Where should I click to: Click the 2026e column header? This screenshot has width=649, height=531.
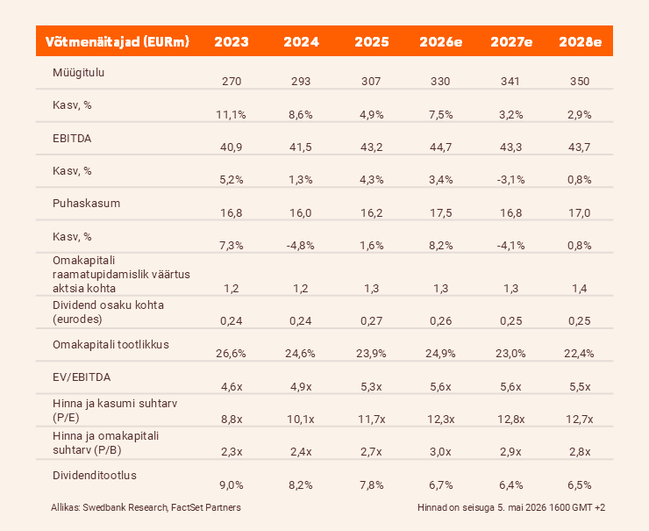(x=441, y=42)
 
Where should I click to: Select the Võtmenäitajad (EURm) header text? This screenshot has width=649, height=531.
(x=118, y=42)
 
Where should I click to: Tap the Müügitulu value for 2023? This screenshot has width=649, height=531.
(x=232, y=81)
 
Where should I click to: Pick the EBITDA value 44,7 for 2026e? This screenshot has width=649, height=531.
(x=440, y=147)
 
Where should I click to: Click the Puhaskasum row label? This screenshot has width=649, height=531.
(x=86, y=204)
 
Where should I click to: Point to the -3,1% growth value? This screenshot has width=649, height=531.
(x=510, y=180)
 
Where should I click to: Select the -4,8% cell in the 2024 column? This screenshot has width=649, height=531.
(x=301, y=246)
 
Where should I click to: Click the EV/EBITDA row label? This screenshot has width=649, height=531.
(x=82, y=377)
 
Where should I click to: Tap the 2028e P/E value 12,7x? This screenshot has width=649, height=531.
(x=580, y=420)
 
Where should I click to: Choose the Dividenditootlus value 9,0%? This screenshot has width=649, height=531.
(x=232, y=485)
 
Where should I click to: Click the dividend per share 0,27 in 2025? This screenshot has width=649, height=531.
(x=371, y=321)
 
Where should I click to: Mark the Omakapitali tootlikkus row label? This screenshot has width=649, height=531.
(x=111, y=345)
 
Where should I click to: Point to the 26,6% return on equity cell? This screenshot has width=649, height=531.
(x=231, y=354)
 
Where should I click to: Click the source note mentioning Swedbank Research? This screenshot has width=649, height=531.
(x=146, y=507)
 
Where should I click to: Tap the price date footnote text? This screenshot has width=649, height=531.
(x=511, y=507)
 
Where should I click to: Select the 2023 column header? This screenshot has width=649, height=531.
(x=232, y=42)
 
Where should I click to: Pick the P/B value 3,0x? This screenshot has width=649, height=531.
(x=440, y=452)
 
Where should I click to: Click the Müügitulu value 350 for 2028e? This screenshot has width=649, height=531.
(x=580, y=81)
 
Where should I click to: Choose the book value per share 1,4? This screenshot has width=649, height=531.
(x=580, y=289)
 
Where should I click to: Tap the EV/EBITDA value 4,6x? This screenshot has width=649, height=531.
(x=232, y=387)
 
